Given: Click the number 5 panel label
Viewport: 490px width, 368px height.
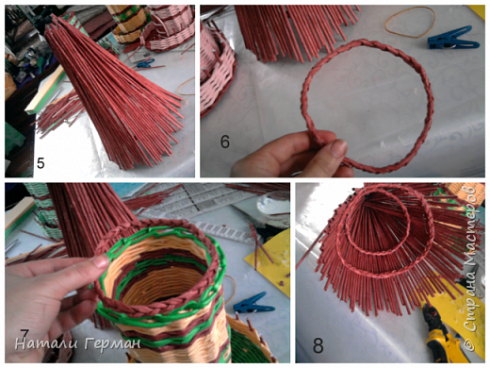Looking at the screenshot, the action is pos(41,163).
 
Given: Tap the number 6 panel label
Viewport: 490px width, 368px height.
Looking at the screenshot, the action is pos(225,142).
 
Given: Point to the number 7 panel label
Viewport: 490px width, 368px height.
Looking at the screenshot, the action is pos(24,334).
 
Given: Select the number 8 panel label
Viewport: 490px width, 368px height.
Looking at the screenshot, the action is pos(318,346).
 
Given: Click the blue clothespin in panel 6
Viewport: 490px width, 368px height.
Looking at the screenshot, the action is pos(453,39).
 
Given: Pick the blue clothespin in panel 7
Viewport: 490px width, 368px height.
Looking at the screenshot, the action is pos(253,304).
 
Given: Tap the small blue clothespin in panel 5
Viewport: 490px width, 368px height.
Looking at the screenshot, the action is pos(146,63).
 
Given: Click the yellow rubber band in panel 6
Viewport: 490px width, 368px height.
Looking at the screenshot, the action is pos(410,22).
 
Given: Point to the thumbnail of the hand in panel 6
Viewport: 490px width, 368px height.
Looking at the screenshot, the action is pos(338,148).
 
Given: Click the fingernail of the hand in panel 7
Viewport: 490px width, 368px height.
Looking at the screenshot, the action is pos(101,261).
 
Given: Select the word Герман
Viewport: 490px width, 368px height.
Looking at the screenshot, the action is pos(113,343).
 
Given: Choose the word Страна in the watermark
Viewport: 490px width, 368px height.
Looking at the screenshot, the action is pos(471,305).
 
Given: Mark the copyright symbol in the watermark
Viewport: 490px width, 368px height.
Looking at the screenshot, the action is pos(471,345).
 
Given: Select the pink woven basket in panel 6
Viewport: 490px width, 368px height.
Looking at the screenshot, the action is pos(218,69).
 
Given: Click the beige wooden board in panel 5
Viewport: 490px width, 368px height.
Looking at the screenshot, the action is pos(44,92).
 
